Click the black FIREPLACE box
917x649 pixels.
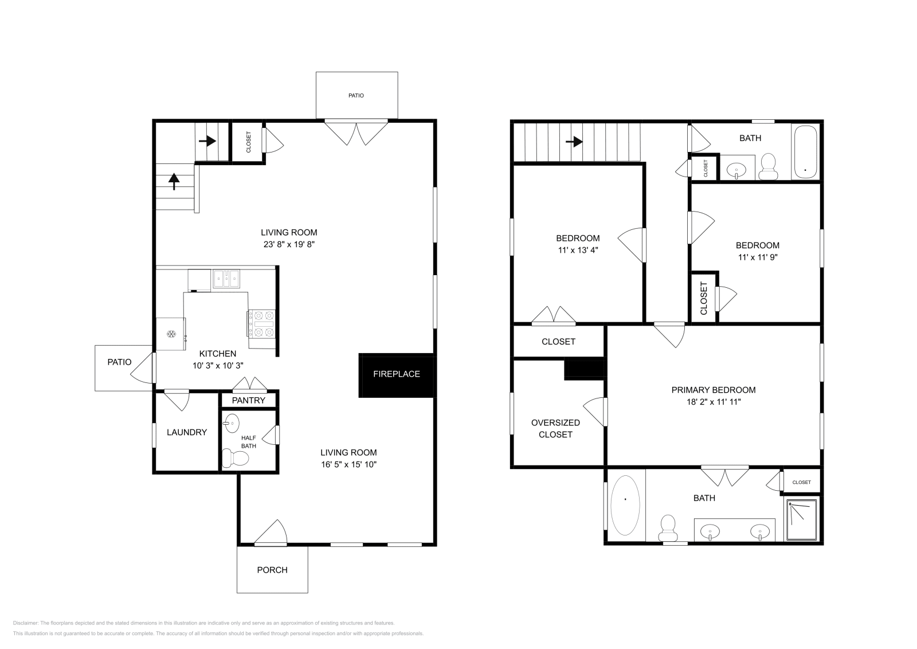tap(397, 374)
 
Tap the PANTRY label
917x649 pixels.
tap(249, 400)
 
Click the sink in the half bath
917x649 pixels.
tap(232, 424)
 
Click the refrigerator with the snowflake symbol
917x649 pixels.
tap(171, 334)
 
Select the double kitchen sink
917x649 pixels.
tap(226, 279)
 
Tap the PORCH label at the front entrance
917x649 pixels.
tap(272, 570)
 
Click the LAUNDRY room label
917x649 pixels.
tap(187, 432)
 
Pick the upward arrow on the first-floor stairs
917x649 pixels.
tap(174, 182)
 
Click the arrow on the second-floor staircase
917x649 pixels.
tap(575, 141)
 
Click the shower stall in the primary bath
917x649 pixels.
tap(802, 520)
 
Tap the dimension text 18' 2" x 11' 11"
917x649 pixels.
tap(714, 402)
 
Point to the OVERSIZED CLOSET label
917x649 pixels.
tap(555, 428)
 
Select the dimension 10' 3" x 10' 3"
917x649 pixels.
tap(218, 365)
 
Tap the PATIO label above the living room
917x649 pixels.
tap(356, 96)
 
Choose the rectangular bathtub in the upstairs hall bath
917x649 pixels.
tap(806, 152)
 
